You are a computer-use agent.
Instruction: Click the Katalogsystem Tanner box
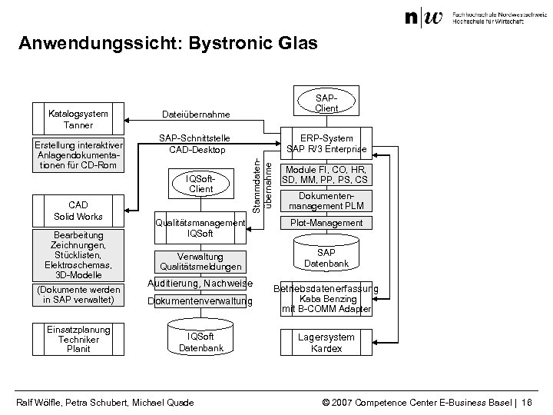click(x=79, y=119)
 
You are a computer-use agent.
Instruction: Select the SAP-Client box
click(x=326, y=104)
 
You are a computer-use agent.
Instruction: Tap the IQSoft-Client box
click(x=200, y=184)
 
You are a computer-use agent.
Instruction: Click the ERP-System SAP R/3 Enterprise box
click(x=326, y=144)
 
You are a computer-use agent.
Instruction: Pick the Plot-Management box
click(x=326, y=223)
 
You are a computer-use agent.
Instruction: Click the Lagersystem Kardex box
click(x=326, y=342)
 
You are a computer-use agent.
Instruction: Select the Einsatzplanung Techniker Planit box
click(x=79, y=339)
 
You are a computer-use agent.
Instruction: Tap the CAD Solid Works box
click(x=79, y=211)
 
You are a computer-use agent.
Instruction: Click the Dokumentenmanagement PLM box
click(x=326, y=201)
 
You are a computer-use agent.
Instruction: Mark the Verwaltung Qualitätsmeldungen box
click(x=200, y=261)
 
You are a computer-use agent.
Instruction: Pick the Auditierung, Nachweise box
click(x=200, y=284)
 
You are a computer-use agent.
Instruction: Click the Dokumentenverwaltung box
click(x=200, y=302)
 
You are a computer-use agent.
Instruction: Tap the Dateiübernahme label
click(x=196, y=115)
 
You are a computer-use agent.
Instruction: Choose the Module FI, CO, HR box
click(x=326, y=174)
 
